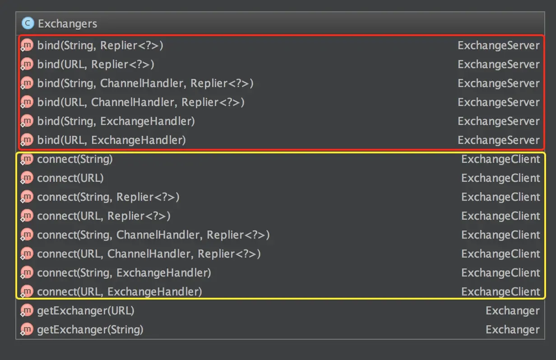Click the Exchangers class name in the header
67,23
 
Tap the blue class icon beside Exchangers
28,23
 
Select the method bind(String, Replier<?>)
100,46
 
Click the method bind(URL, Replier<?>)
96,65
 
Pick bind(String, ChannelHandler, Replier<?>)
145,83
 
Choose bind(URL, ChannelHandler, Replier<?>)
141,102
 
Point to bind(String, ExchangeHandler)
116,121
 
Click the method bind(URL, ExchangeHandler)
111,140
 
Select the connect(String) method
75,159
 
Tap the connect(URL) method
70,178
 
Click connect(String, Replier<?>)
108,197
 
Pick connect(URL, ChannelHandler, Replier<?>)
149,254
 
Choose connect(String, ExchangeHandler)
124,273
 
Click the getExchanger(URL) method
86,311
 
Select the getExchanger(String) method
90,330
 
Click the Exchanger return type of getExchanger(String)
512,330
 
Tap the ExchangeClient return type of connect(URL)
500,178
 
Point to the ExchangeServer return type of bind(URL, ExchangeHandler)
498,140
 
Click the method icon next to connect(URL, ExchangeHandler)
27,292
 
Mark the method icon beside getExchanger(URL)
27,311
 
